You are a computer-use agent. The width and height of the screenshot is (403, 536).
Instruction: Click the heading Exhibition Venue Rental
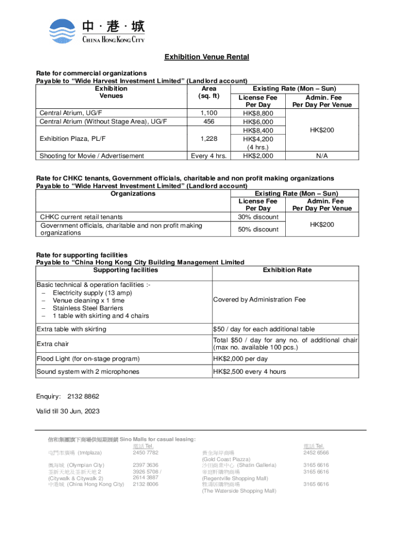coord(207,57)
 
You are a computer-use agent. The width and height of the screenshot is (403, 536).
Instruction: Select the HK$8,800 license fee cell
coord(258,113)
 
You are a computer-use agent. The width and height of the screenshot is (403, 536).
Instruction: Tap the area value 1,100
coord(209,113)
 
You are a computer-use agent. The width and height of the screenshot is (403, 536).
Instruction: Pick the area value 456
coord(209,121)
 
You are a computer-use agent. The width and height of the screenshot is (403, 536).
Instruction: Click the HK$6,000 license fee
coord(258,121)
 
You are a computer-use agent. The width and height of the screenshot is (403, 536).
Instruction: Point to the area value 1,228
coord(209,139)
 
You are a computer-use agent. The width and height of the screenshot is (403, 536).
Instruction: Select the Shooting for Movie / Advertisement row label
coord(92,155)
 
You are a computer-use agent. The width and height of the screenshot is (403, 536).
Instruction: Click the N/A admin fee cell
coord(322,155)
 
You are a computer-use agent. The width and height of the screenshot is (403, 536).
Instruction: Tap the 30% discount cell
coord(258,217)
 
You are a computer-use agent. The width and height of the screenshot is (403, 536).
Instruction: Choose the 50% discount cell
coord(258,229)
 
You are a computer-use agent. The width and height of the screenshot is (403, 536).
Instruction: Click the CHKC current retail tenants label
coord(81,217)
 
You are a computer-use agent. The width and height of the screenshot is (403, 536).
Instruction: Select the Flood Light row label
coord(88,359)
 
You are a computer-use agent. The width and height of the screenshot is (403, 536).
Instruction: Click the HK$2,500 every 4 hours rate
coord(249,372)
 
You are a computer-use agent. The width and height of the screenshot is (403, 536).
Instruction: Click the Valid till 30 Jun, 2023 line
coord(68,411)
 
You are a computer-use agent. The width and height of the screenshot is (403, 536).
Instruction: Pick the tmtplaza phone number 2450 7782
coord(145,452)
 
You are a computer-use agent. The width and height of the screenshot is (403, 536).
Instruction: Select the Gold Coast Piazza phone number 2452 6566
coord(316,452)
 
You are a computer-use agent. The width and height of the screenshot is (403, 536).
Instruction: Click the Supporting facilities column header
coord(125,270)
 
